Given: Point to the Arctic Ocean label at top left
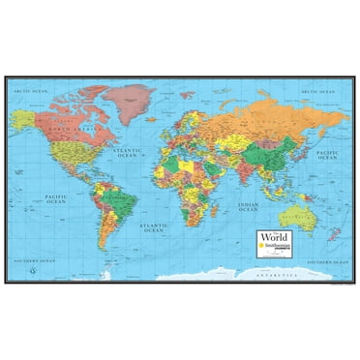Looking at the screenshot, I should pos(28,91).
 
